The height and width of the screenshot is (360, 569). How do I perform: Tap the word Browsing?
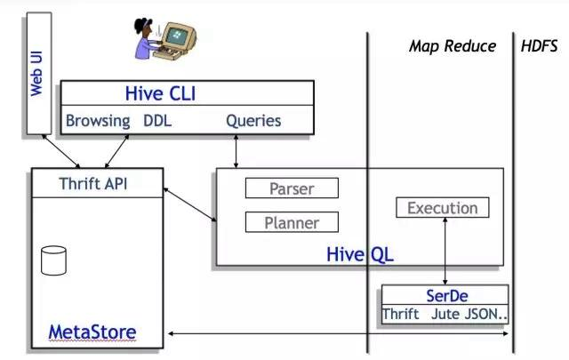(98, 120)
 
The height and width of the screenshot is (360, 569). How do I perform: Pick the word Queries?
(253, 120)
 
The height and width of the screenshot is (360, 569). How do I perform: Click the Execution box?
(442, 208)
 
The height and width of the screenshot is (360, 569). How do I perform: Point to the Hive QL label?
(360, 255)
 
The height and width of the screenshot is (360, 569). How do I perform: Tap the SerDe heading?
(445, 295)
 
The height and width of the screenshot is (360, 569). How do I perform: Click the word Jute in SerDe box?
(446, 314)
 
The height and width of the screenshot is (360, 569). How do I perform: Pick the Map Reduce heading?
(452, 45)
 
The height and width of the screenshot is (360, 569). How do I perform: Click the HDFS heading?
(540, 45)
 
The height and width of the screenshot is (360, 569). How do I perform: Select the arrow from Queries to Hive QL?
(236, 151)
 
